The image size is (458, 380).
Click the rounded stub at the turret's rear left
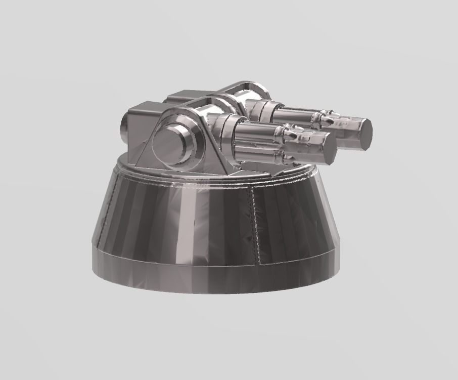pyautogui.click(x=125, y=130)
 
